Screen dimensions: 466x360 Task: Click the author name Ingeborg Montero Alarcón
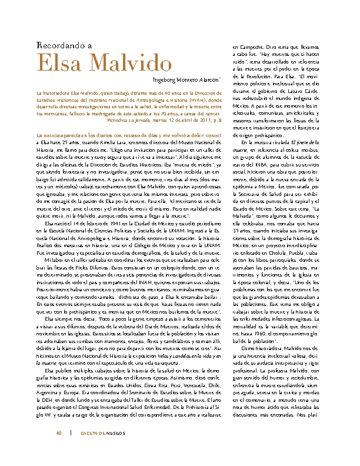186,79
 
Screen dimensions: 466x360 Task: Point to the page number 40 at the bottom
58,434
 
